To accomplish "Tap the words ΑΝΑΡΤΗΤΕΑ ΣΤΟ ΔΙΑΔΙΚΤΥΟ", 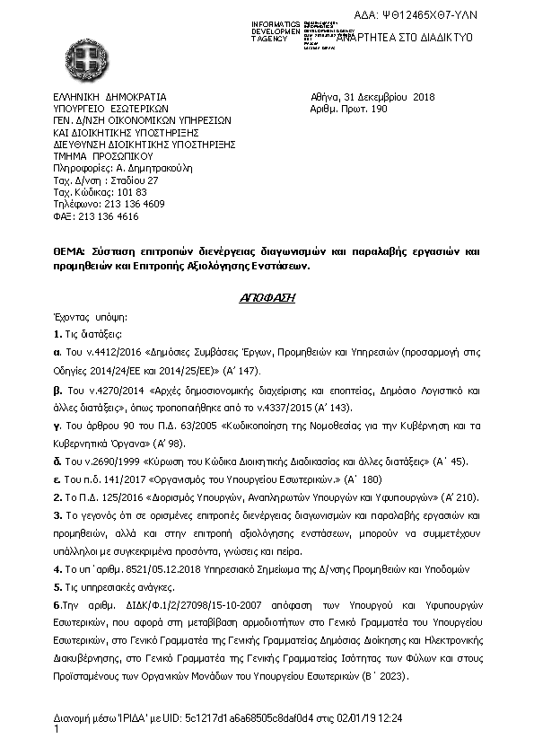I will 404,39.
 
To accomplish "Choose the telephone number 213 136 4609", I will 134,204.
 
